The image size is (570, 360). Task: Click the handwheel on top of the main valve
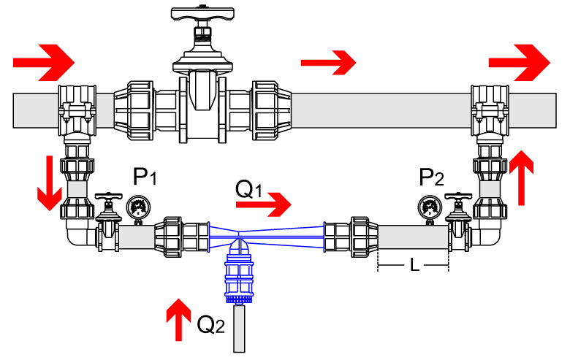click(x=199, y=14)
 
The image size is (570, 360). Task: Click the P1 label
click(x=145, y=177)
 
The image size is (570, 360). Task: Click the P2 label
click(x=431, y=177)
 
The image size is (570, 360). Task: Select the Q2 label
click(x=212, y=326)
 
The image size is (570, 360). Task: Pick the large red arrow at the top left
click(x=45, y=64)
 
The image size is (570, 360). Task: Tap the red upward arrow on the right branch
click(x=523, y=177)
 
